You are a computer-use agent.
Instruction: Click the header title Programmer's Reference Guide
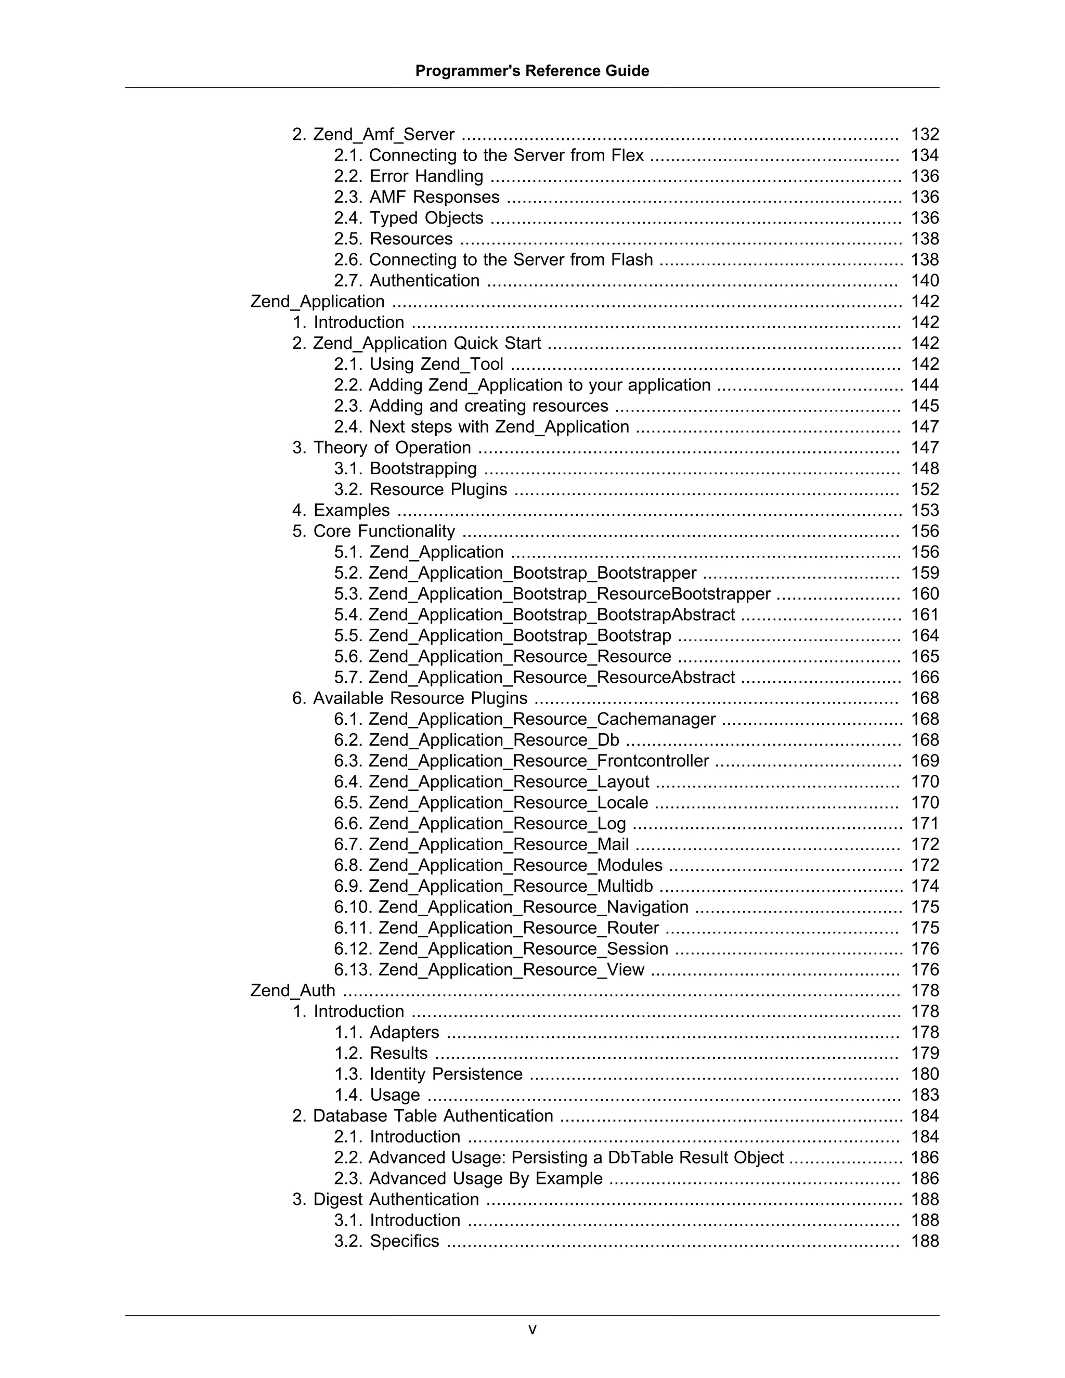click(x=532, y=71)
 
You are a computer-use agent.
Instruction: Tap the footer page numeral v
click(x=532, y=1330)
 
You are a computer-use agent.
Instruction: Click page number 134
click(x=924, y=155)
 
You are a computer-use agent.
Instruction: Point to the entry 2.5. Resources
click(x=393, y=239)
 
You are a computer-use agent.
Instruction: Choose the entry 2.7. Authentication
click(x=406, y=280)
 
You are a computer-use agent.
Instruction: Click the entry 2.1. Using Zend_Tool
click(x=418, y=364)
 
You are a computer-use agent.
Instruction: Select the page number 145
click(x=924, y=406)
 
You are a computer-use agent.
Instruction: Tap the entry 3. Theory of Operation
click(x=381, y=447)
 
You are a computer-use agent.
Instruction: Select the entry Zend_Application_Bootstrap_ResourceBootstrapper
click(x=552, y=594)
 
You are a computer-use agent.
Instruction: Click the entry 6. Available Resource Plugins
click(x=409, y=698)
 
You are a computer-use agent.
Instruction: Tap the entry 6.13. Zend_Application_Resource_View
click(x=489, y=970)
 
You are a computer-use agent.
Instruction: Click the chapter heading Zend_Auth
click(x=293, y=991)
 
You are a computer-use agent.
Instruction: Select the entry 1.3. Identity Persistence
click(x=428, y=1074)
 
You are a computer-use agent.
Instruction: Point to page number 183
click(x=924, y=1095)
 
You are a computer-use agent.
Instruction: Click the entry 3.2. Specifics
click(x=386, y=1241)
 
